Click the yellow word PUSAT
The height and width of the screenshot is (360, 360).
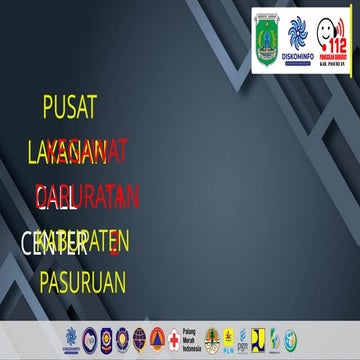(x=71, y=108)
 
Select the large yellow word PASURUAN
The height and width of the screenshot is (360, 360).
(x=83, y=282)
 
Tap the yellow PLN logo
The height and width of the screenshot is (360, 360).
(x=228, y=338)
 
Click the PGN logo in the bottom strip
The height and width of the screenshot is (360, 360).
(x=243, y=338)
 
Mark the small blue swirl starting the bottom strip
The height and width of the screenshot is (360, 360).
(x=70, y=338)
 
